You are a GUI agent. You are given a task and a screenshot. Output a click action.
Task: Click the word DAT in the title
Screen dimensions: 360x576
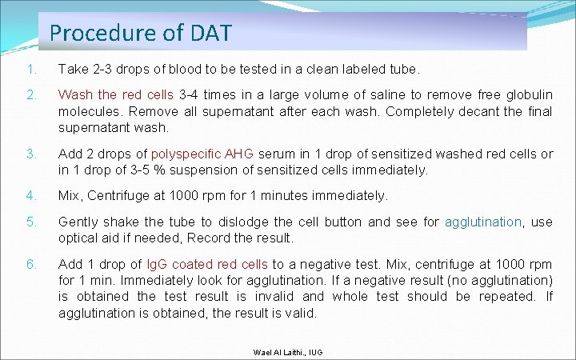(211, 33)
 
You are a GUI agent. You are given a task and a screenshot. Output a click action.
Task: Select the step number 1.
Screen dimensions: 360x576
(30, 70)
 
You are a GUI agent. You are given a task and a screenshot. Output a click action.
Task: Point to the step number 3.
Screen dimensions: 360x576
(30, 154)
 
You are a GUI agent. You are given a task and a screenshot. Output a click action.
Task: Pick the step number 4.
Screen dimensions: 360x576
(30, 195)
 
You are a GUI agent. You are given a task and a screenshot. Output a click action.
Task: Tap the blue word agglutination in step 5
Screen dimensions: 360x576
(482, 222)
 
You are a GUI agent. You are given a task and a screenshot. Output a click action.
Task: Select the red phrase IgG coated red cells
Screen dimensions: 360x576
(211, 264)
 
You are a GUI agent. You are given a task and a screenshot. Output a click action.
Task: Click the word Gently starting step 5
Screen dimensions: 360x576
(78, 222)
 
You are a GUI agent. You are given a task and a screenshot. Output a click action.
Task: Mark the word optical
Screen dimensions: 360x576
(78, 238)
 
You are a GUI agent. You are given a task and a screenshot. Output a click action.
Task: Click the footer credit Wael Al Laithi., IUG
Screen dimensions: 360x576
(287, 352)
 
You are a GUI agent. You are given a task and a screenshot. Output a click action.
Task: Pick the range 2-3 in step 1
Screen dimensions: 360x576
(103, 70)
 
